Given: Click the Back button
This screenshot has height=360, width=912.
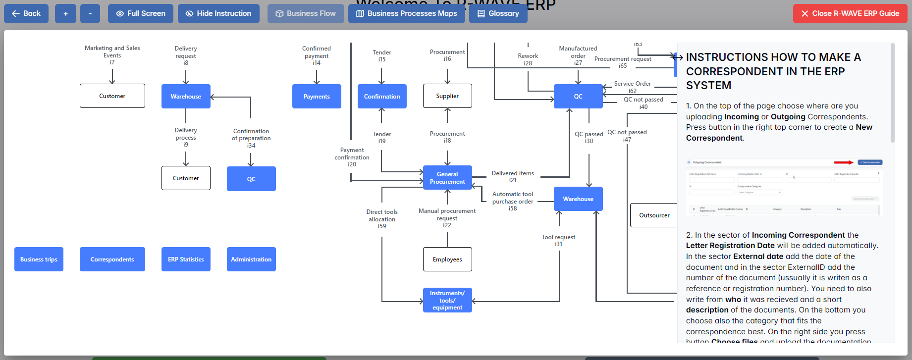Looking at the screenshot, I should pyautogui.click(x=26, y=13).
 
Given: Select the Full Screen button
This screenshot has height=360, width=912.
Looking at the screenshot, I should pyautogui.click(x=141, y=13).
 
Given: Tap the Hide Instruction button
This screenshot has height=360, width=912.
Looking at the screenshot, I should pyautogui.click(x=218, y=13).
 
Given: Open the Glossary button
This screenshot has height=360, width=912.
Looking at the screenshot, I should pyautogui.click(x=498, y=13).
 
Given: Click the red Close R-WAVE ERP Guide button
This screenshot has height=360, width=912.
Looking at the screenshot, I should pyautogui.click(x=850, y=13).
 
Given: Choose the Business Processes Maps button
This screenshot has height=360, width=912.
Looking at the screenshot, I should pyautogui.click(x=406, y=13).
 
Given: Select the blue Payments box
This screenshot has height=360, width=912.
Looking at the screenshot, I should pyautogui.click(x=317, y=97).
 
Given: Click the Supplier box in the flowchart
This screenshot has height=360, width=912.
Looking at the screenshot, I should pyautogui.click(x=447, y=96).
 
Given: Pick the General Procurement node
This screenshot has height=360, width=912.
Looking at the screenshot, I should pyautogui.click(x=447, y=178).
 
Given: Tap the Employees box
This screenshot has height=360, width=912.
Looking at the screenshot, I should pyautogui.click(x=447, y=259).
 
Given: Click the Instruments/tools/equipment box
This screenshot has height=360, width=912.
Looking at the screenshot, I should pyautogui.click(x=447, y=300).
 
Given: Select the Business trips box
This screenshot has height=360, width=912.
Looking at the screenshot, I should pyautogui.click(x=39, y=259).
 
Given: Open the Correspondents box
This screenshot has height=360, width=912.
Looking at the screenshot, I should pyautogui.click(x=112, y=259).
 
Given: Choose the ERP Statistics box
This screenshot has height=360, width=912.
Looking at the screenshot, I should pyautogui.click(x=186, y=259).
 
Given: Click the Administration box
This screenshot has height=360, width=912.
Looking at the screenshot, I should pyautogui.click(x=251, y=259).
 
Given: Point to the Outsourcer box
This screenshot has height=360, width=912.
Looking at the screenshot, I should pyautogui.click(x=654, y=215).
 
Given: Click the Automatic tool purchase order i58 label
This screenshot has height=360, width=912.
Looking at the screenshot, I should pyautogui.click(x=513, y=201).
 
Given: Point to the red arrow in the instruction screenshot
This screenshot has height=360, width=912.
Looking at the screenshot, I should pyautogui.click(x=844, y=162).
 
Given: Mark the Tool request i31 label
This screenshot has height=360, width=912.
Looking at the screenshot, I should pyautogui.click(x=558, y=240).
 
